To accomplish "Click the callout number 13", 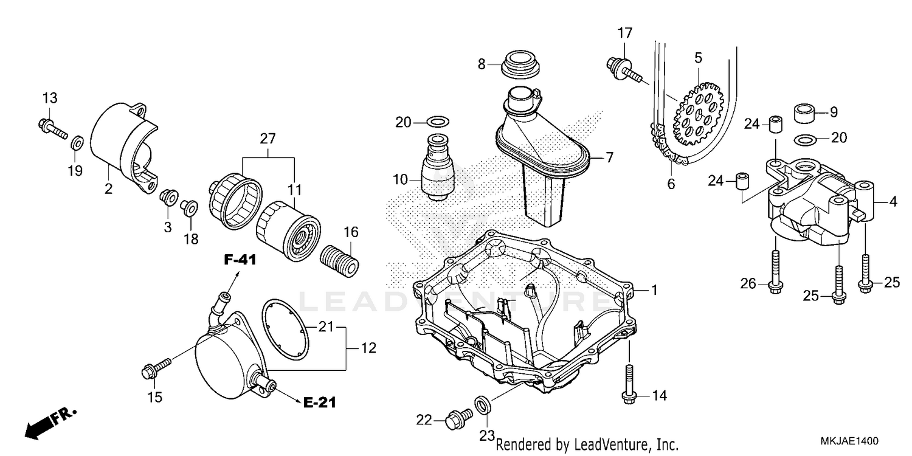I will (49, 98).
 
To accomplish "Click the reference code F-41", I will (240, 260).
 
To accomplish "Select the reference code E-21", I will (320, 402).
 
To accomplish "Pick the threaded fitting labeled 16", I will (340, 260).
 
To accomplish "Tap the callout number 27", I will (268, 139).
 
